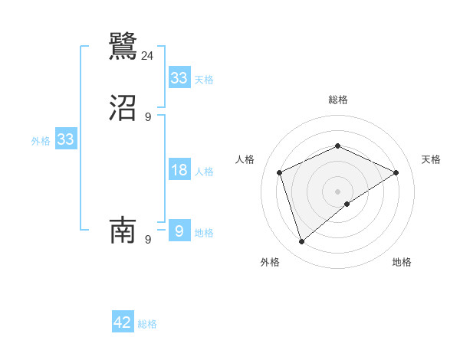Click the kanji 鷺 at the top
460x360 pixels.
pyautogui.click(x=123, y=45)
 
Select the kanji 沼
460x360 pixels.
pyautogui.click(x=123, y=109)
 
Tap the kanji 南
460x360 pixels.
pyautogui.click(x=123, y=229)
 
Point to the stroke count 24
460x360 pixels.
pyautogui.click(x=148, y=55)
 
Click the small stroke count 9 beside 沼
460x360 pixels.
pyautogui.click(x=148, y=117)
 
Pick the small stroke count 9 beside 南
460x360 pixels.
pyautogui.click(x=148, y=240)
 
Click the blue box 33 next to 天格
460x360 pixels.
pyautogui.click(x=179, y=78)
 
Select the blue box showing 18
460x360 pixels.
pyautogui.click(x=179, y=170)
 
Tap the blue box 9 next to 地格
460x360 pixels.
pyautogui.click(x=179, y=231)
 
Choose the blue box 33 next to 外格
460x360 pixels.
pyautogui.click(x=65, y=139)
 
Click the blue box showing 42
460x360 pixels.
pyautogui.click(x=123, y=322)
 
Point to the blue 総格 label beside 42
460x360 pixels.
pyautogui.click(x=147, y=324)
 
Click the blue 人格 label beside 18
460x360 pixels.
pyautogui.click(x=205, y=172)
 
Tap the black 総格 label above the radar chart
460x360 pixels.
pyautogui.click(x=337, y=100)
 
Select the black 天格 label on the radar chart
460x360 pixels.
pyautogui.click(x=431, y=159)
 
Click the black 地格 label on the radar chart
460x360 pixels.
pyautogui.click(x=402, y=262)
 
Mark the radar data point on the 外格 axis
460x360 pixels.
pyautogui.click(x=302, y=242)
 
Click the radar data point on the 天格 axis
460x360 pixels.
pyautogui.click(x=396, y=172)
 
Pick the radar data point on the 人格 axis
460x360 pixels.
pyautogui.click(x=280, y=172)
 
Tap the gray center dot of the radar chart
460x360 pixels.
pyautogui.click(x=337, y=191)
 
